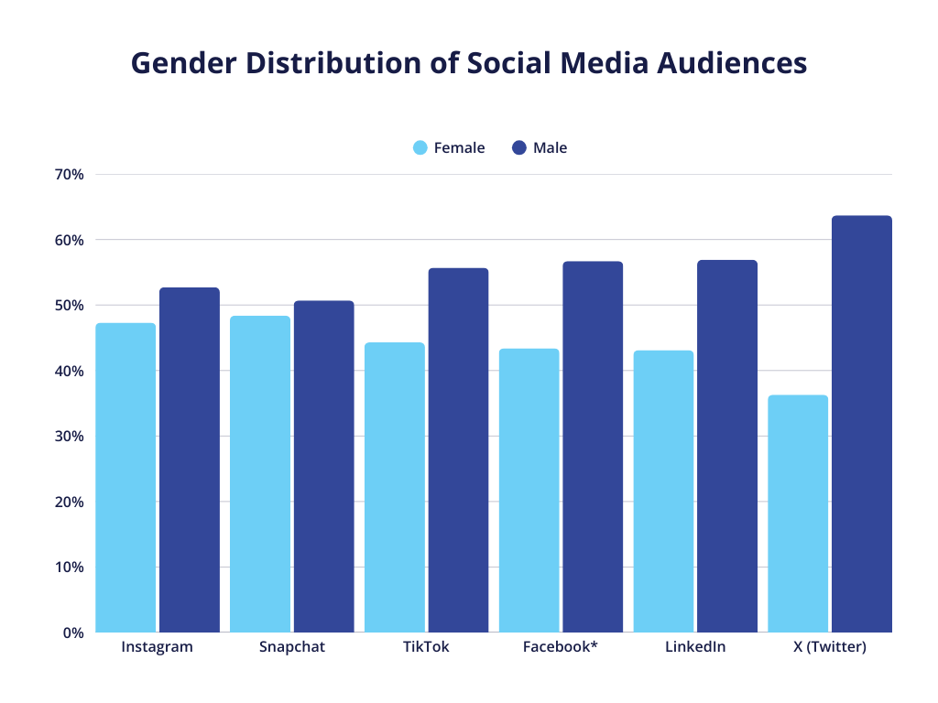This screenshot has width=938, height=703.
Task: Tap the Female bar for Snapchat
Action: click(260, 474)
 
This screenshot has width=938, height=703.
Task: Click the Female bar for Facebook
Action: click(529, 491)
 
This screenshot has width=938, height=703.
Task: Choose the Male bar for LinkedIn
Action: click(727, 447)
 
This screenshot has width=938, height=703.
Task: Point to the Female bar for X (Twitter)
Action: click(798, 514)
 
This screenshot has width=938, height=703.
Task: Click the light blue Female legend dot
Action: click(420, 147)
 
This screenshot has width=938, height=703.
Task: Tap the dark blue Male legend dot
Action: click(519, 147)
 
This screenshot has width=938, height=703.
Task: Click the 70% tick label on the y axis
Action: click(69, 174)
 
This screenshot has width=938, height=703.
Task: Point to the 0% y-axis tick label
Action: click(73, 633)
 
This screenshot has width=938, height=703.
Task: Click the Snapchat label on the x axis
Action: click(291, 647)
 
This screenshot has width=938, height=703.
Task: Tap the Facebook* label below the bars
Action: click(560, 647)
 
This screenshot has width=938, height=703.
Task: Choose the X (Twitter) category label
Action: click(829, 647)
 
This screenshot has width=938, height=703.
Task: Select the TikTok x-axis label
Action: click(426, 647)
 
